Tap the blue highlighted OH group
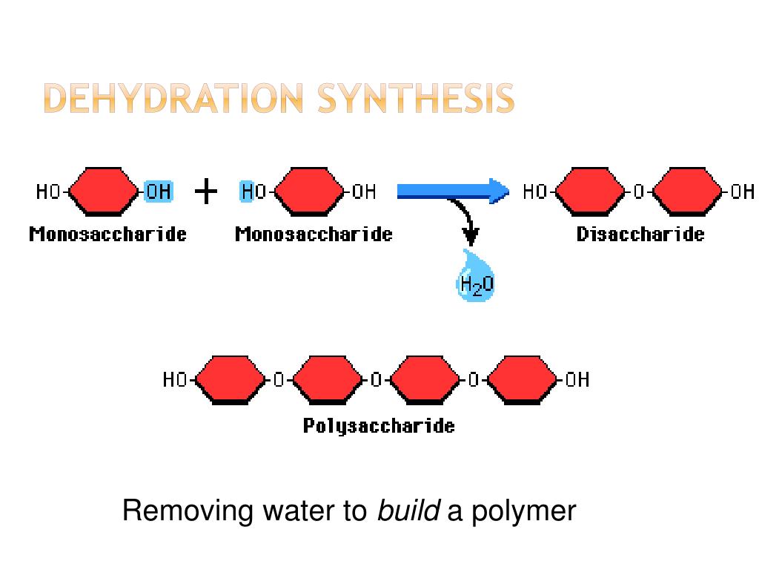158,191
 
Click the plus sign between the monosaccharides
206,192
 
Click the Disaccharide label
640,235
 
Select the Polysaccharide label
379,426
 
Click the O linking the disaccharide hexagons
639,192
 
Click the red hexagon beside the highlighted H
308,191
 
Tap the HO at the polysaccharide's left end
176,380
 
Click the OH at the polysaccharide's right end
577,380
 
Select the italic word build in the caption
409,511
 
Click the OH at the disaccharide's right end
742,192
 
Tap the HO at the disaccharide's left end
534,192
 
